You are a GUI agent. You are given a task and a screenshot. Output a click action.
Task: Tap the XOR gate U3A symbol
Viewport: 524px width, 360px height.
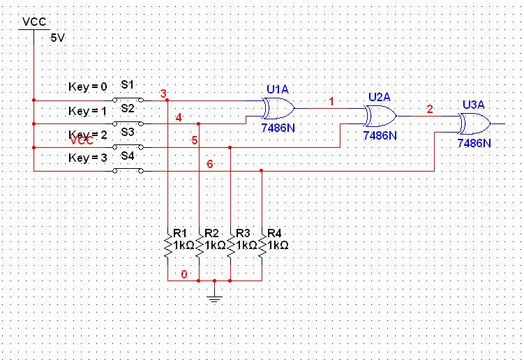tap(474, 124)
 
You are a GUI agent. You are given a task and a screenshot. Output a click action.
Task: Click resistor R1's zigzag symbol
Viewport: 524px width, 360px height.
tap(168, 246)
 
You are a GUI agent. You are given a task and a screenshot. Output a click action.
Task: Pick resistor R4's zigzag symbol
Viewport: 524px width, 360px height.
tap(262, 246)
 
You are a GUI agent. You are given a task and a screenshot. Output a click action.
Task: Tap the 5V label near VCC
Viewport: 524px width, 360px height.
tap(57, 38)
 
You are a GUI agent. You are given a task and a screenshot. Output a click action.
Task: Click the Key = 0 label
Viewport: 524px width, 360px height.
tap(88, 87)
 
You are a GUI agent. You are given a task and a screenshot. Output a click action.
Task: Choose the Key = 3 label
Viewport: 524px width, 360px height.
tap(88, 158)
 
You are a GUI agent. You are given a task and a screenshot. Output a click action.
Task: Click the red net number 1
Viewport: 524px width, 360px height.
tap(331, 102)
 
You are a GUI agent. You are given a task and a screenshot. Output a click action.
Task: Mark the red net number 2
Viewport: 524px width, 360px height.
tap(430, 109)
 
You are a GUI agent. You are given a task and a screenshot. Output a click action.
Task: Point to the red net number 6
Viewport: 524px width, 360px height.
tap(209, 163)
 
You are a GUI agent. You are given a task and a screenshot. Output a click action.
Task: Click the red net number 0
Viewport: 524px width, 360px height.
tap(184, 274)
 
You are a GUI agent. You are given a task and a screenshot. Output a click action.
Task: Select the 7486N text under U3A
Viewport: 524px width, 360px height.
tap(474, 143)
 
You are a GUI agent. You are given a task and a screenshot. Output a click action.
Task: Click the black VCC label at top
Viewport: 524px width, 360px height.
tap(34, 22)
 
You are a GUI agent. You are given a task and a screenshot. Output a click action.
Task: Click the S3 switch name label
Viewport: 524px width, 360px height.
tap(128, 131)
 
